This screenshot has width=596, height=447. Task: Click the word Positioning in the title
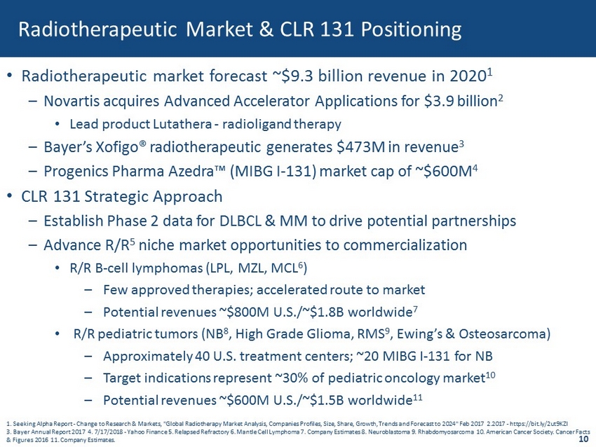(412, 30)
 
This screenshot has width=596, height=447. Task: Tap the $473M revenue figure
(360, 147)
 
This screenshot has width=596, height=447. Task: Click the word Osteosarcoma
(504, 334)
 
